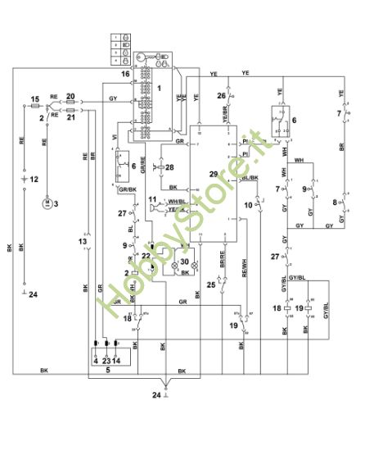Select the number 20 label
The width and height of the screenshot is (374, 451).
point(70,96)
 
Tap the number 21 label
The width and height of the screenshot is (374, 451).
point(70,117)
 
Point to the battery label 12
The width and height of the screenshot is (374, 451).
point(34,178)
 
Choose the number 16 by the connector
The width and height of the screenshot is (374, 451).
point(125,74)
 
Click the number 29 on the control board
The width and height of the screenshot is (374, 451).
point(214,175)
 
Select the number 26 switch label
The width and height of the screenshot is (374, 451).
point(221,96)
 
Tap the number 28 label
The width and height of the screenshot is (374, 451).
point(169,167)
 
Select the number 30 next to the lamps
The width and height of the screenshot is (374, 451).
point(185,262)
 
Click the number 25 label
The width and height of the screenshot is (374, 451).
point(210,285)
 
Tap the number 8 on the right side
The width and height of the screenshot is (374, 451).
point(334,200)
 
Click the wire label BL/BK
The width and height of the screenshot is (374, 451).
point(250,178)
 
